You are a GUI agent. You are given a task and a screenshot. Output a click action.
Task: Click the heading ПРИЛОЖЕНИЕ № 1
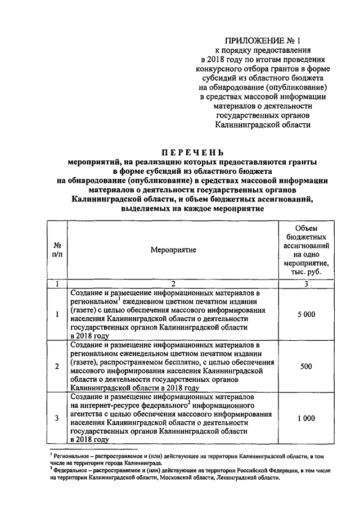pyautogui.click(x=264, y=40)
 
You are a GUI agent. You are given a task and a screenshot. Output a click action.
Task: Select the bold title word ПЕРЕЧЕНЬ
pyautogui.click(x=193, y=152)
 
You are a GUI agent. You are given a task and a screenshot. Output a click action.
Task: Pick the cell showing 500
pyautogui.click(x=307, y=367)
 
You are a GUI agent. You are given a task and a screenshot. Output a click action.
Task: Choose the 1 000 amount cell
pyautogui.click(x=307, y=418)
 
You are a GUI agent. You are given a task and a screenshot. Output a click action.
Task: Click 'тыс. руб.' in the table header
pyautogui.click(x=307, y=272)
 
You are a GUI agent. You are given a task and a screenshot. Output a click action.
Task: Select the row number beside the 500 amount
pyautogui.click(x=57, y=367)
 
